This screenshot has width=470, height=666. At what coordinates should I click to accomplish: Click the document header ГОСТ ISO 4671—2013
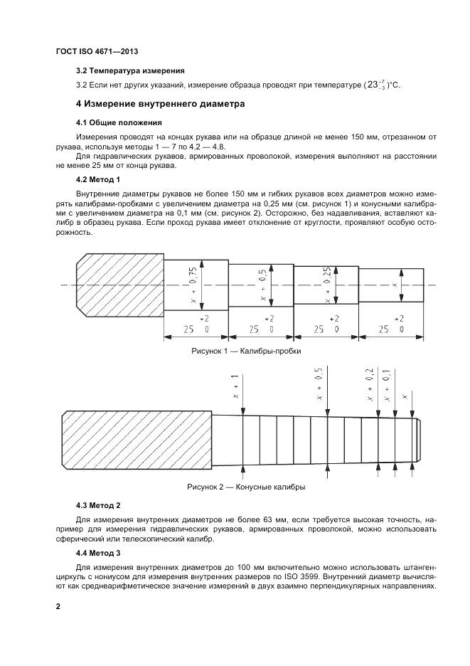[x=96, y=52]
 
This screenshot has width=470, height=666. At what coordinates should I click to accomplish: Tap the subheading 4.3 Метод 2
[x=98, y=504]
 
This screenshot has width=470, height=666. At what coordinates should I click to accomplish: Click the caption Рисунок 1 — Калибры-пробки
[x=246, y=351]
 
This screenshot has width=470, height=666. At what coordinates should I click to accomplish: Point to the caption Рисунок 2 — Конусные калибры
[x=246, y=487]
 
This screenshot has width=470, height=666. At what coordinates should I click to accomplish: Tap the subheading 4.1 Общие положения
[x=114, y=122]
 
